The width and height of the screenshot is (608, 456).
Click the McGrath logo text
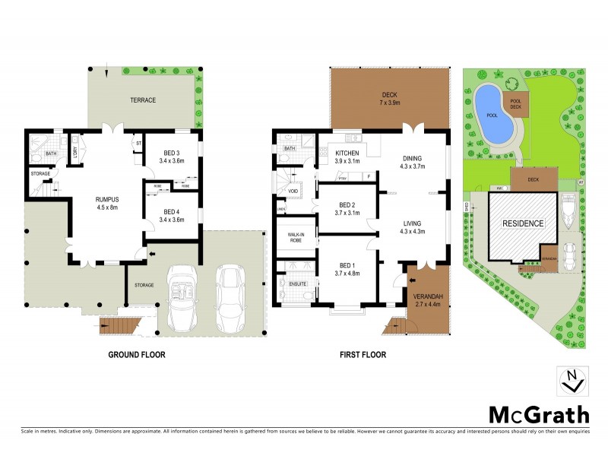click(x=538, y=414)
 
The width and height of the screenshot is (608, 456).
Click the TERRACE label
click(x=142, y=100)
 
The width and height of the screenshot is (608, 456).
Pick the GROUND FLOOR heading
click(x=137, y=355)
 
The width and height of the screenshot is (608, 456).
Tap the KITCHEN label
click(x=347, y=153)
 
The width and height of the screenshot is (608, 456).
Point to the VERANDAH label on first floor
click(x=428, y=297)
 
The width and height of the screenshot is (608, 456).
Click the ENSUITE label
click(x=298, y=284)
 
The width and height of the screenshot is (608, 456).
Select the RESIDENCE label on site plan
click(x=522, y=223)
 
